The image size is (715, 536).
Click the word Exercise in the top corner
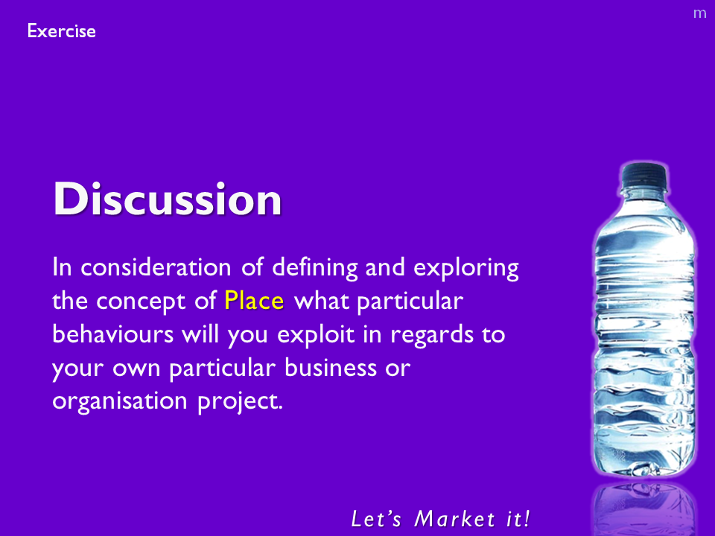click(x=62, y=31)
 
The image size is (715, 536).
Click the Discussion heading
click(x=168, y=199)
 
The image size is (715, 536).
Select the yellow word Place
click(x=254, y=301)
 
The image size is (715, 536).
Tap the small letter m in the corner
click(x=699, y=13)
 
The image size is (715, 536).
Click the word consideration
click(x=156, y=267)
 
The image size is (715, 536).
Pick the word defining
click(x=315, y=268)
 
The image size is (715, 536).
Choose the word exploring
click(x=466, y=268)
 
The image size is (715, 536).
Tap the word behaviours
click(x=112, y=334)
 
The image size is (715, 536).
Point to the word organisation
click(x=120, y=401)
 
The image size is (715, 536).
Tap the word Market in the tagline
click(x=454, y=519)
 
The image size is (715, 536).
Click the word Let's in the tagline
click(x=377, y=519)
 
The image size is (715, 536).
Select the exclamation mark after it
click(x=527, y=519)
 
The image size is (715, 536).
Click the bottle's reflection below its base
click(x=644, y=508)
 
